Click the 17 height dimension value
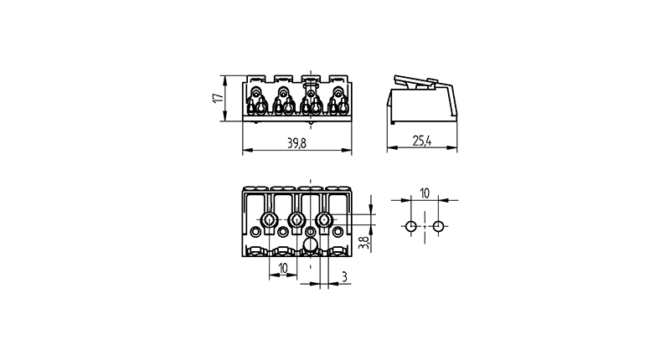[x=219, y=98]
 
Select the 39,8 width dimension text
[x=296, y=143]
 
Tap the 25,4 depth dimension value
[x=422, y=141]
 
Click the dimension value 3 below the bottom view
[x=344, y=277]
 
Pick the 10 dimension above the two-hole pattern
[x=425, y=193]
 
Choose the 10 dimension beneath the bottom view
[x=283, y=268]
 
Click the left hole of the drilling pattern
[x=410, y=226]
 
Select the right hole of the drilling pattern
[x=438, y=226]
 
